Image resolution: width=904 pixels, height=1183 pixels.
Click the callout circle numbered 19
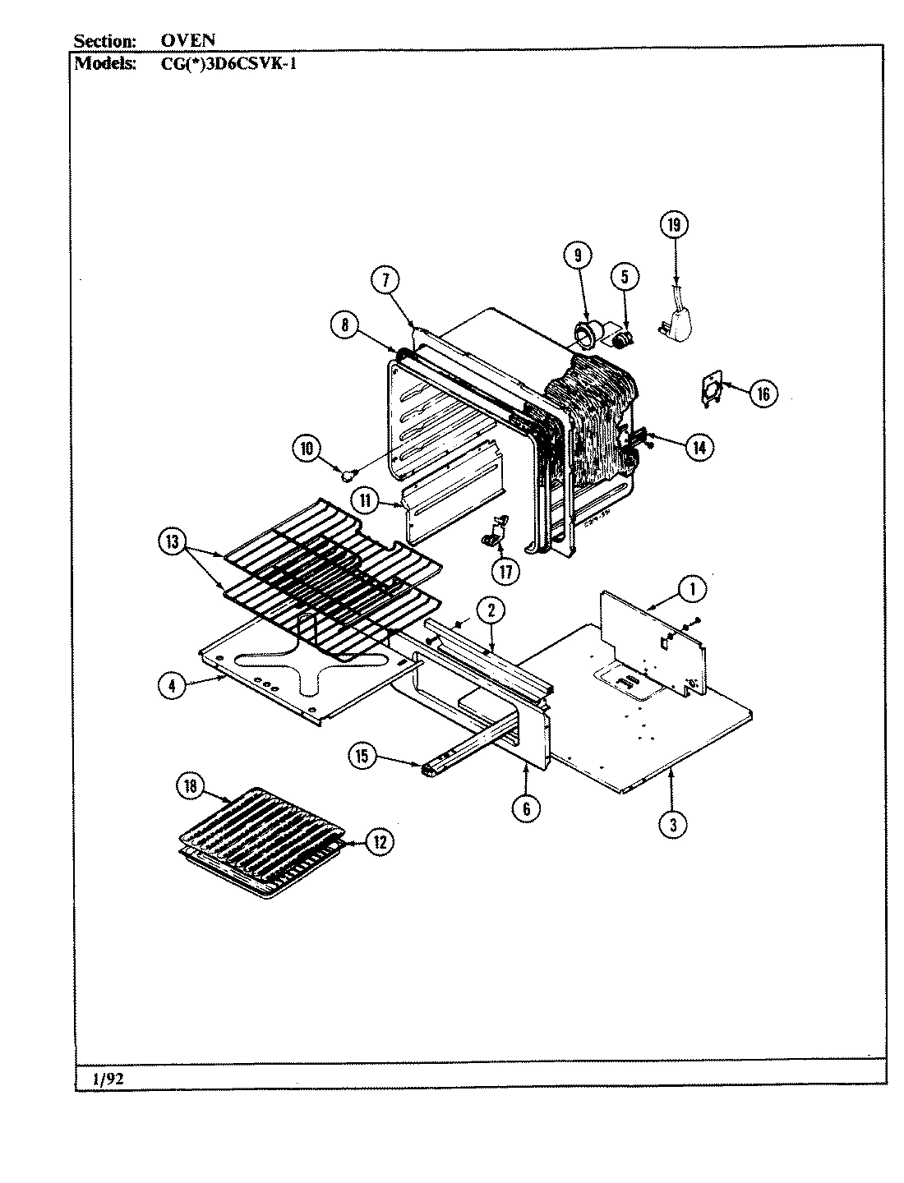pyautogui.click(x=674, y=225)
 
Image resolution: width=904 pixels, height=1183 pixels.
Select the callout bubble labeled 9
pyautogui.click(x=577, y=255)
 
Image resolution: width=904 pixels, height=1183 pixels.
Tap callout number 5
pyautogui.click(x=624, y=277)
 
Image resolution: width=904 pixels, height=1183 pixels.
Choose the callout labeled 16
pyautogui.click(x=762, y=394)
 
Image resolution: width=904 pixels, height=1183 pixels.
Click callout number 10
pyautogui.click(x=307, y=449)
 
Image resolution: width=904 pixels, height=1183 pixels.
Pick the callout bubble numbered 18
pyautogui.click(x=191, y=786)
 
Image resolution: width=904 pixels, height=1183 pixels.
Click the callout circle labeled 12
pyautogui.click(x=379, y=841)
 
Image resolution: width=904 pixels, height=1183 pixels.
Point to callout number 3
pyautogui.click(x=672, y=825)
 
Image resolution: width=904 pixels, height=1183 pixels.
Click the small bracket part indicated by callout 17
pyautogui.click(x=495, y=532)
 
